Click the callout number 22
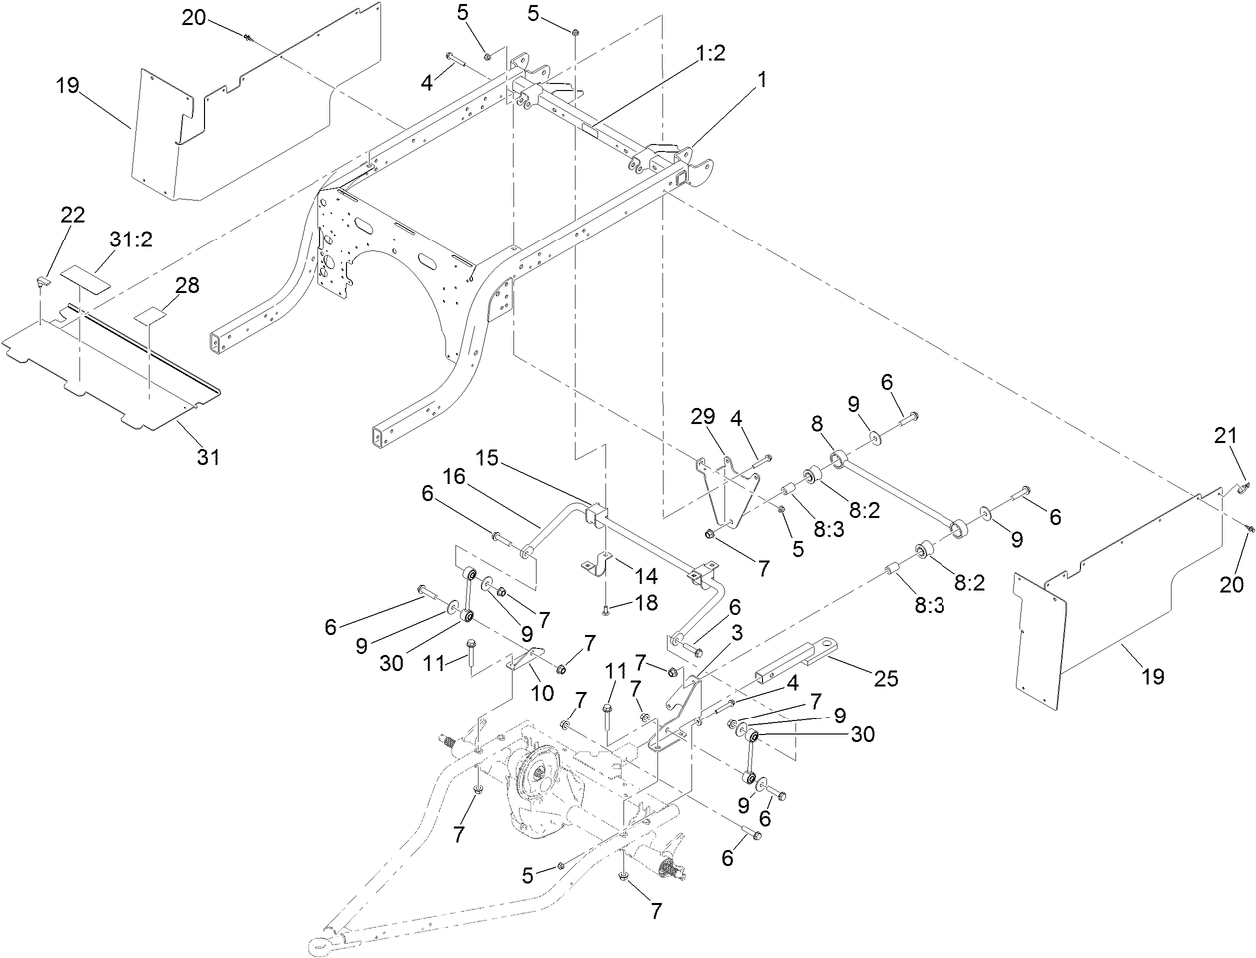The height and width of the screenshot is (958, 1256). click(73, 215)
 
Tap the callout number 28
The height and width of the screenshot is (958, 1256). click(186, 285)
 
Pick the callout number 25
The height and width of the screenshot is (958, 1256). click(884, 678)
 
